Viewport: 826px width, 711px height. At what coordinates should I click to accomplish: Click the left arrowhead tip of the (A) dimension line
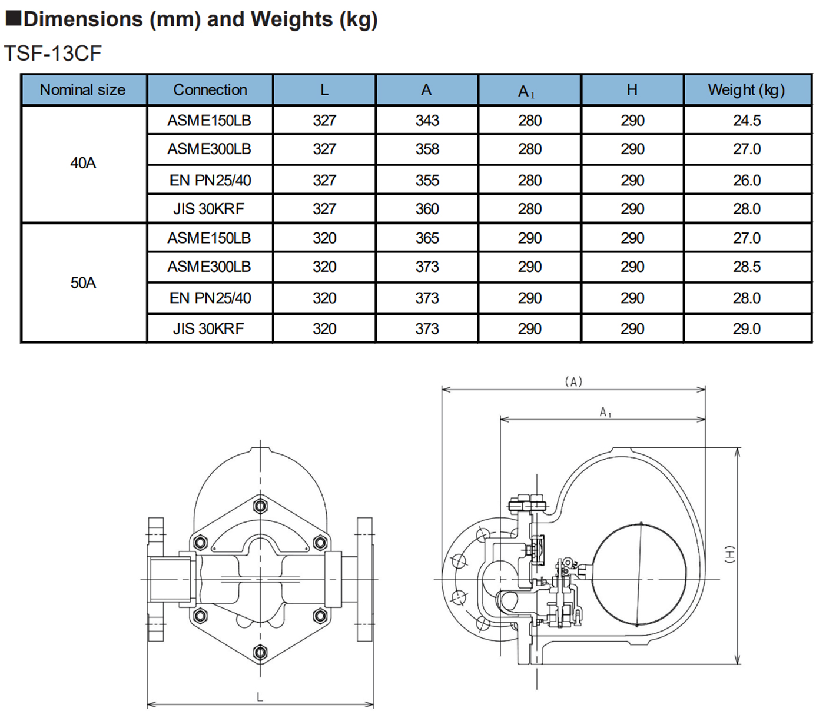(442, 390)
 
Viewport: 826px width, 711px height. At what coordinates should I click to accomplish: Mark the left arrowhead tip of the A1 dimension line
(500, 420)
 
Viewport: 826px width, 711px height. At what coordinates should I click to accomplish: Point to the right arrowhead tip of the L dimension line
(374, 704)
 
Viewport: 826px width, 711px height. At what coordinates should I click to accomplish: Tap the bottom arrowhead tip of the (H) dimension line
(738, 665)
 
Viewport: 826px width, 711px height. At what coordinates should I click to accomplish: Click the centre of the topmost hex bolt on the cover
(260, 507)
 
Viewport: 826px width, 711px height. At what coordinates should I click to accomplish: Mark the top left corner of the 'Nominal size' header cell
(21, 74)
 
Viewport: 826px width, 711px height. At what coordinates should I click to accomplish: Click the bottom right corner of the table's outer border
(812, 343)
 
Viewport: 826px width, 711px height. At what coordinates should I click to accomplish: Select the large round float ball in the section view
(639, 574)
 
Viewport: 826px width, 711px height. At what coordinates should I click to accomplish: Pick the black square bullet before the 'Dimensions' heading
(13, 18)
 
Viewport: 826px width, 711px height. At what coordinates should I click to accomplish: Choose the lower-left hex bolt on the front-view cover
(200, 615)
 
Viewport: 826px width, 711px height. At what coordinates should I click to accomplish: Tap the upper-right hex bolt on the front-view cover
(320, 543)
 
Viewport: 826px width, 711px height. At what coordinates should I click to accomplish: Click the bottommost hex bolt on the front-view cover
(260, 652)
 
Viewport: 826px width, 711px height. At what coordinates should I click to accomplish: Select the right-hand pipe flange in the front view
(365, 579)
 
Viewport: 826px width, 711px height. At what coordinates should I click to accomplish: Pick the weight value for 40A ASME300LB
(747, 149)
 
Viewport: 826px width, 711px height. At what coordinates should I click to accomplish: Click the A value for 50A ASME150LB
(427, 238)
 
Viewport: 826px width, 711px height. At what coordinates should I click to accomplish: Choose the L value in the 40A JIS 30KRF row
(324, 209)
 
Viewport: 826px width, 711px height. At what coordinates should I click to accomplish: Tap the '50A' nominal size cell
(83, 283)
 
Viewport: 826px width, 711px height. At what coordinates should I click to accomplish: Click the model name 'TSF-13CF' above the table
(53, 53)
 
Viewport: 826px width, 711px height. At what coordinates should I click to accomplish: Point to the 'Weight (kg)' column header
(747, 90)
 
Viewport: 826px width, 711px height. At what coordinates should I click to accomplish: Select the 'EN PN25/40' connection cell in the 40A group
(210, 180)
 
